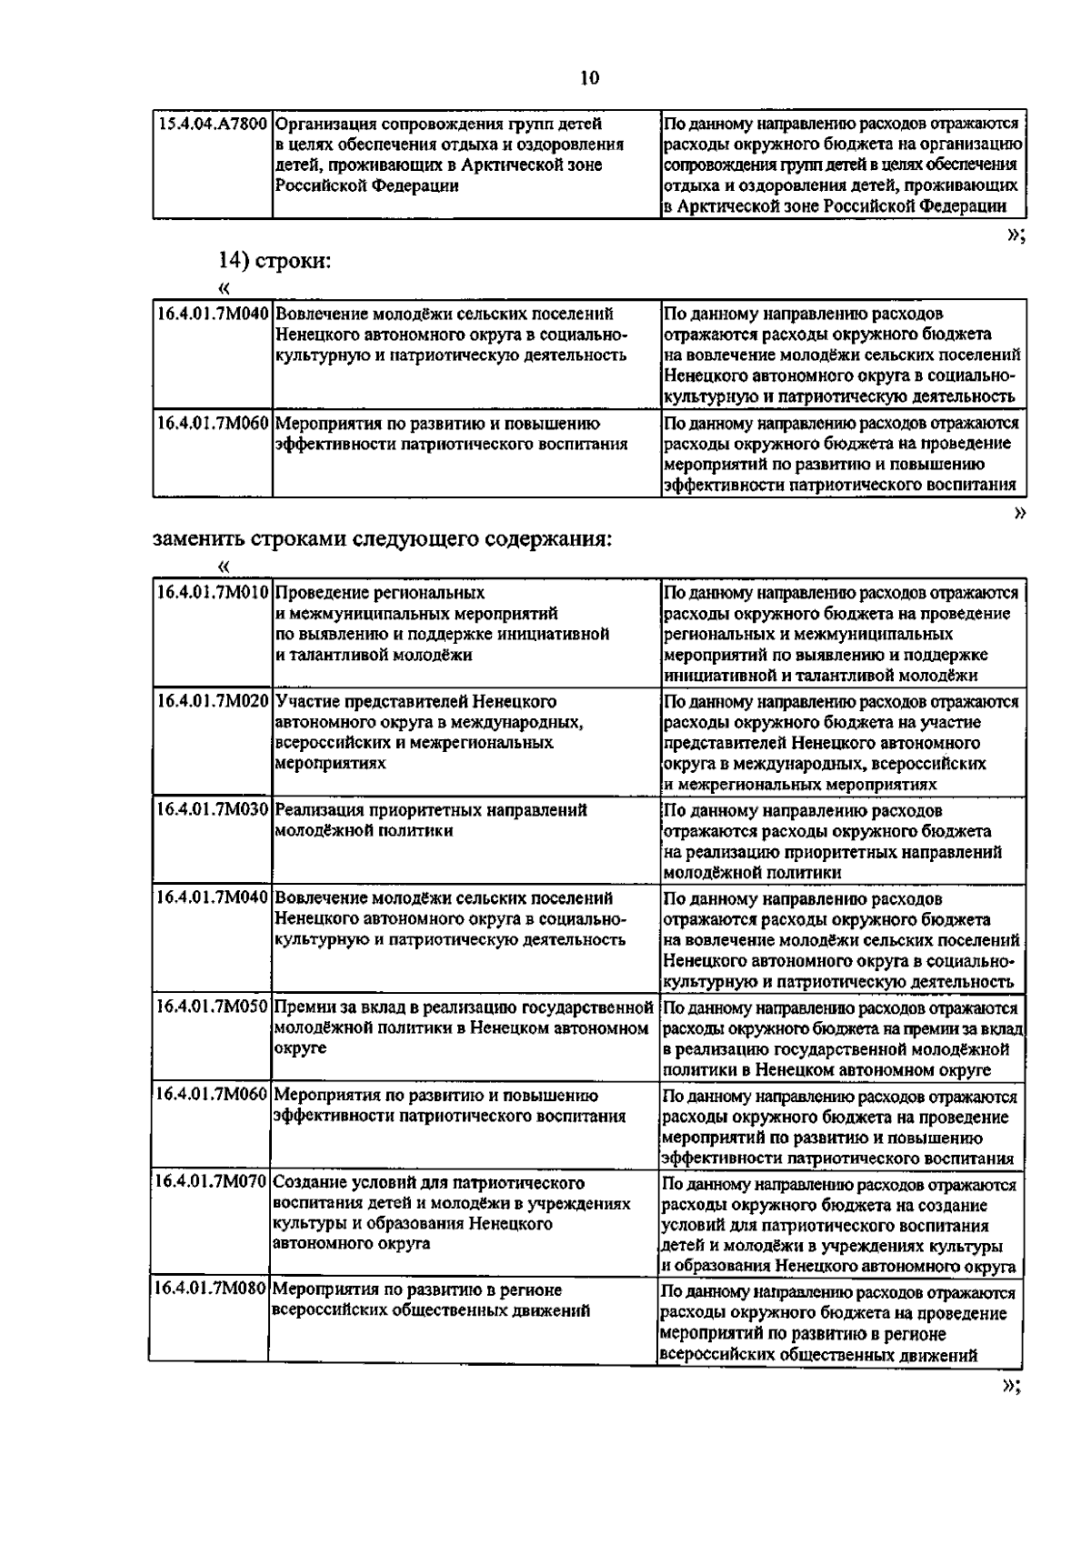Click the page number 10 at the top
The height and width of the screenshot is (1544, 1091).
[589, 78]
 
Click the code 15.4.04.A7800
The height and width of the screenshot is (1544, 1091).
[213, 124]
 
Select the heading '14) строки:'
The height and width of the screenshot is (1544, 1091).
[275, 261]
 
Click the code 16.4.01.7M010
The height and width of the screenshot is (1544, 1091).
[213, 593]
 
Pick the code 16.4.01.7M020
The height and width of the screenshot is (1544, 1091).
[213, 702]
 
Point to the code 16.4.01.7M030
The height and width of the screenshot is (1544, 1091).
[213, 810]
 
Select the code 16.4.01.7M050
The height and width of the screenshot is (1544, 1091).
[213, 1008]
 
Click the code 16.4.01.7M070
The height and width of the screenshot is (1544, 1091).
[211, 1183]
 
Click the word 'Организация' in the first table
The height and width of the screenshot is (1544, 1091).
[325, 124]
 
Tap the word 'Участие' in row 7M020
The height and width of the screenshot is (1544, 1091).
[305, 702]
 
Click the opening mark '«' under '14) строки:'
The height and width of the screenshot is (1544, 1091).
[224, 289]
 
